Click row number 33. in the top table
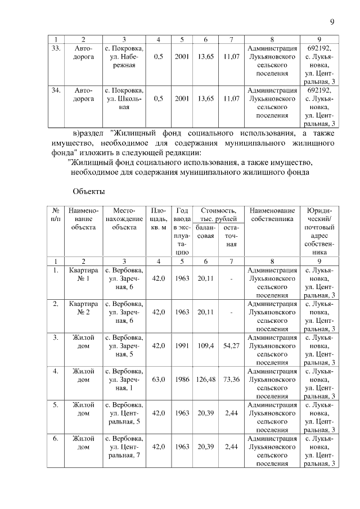[x=56, y=48]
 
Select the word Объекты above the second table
[x=89, y=191]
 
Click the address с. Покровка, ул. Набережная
[x=124, y=57]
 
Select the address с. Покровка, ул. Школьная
[x=124, y=98]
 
